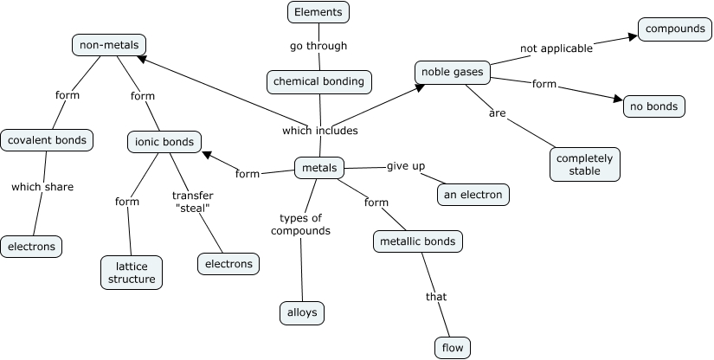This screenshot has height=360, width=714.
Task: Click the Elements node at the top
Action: pyautogui.click(x=318, y=12)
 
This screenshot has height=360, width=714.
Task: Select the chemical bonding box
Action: pyautogui.click(x=320, y=81)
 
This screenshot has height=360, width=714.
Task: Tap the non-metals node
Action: pyautogui.click(x=107, y=45)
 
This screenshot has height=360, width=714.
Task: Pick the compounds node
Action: pyautogui.click(x=674, y=29)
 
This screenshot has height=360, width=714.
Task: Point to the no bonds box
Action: pyautogui.click(x=654, y=106)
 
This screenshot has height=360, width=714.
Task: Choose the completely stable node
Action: pyautogui.click(x=584, y=164)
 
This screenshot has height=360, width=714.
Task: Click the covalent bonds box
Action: pyautogui.click(x=46, y=140)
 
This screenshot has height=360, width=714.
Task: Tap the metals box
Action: pyautogui.click(x=319, y=168)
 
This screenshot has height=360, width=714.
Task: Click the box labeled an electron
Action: pyautogui.click(x=473, y=195)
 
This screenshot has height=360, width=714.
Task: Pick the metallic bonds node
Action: pyautogui.click(x=418, y=241)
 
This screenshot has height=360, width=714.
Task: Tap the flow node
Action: pyautogui.click(x=453, y=349)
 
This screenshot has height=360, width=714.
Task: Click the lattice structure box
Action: pyautogui.click(x=132, y=272)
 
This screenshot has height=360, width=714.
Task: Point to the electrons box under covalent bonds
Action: pyautogui.click(x=32, y=247)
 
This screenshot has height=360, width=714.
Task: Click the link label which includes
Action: pyautogui.click(x=319, y=131)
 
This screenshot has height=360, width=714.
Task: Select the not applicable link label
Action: pyautogui.click(x=556, y=48)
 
